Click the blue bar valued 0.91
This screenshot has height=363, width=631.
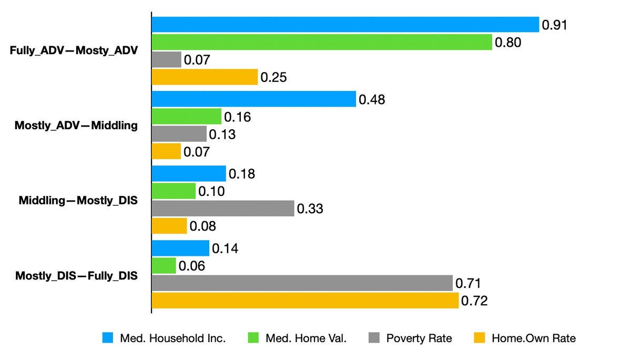pyautogui.click(x=345, y=25)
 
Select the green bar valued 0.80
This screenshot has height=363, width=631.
pyautogui.click(x=321, y=42)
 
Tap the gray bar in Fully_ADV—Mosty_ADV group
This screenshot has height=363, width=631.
pyautogui.click(x=167, y=59)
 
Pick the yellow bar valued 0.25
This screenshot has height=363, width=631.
pyautogui.click(x=205, y=77)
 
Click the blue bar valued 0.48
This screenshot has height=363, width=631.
pyautogui.click(x=253, y=99)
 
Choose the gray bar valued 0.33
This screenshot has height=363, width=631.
pyautogui.click(x=223, y=209)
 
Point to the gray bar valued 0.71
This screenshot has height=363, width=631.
pyautogui.click(x=302, y=283)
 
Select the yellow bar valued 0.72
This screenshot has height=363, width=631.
pyautogui.click(x=305, y=300)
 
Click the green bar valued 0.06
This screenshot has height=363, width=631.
pyautogui.click(x=164, y=266)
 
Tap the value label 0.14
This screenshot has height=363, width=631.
pyautogui.click(x=225, y=248)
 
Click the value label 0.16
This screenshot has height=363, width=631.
pyautogui.click(x=237, y=117)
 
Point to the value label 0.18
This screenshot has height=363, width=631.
pyautogui.click(x=242, y=174)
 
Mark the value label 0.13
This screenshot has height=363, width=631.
pyautogui.click(x=222, y=134)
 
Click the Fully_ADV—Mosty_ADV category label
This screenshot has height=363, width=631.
pyautogui.click(x=74, y=51)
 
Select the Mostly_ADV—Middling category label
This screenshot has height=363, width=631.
pyautogui.click(x=76, y=126)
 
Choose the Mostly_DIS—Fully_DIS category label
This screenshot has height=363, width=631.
pyautogui.click(x=76, y=275)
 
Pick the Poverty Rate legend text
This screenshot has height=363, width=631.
pyautogui.click(x=419, y=338)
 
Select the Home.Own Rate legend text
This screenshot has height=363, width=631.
pyautogui.click(x=533, y=338)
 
